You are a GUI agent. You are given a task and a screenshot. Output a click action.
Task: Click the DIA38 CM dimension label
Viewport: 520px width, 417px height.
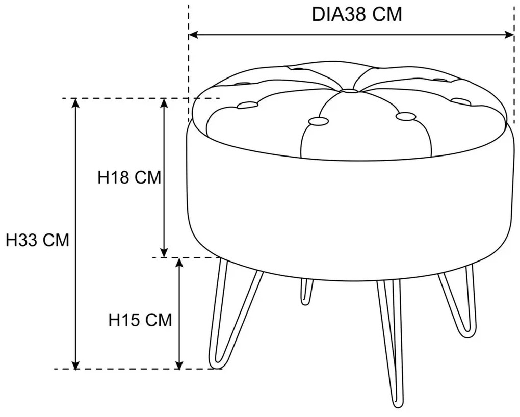coord(357,15)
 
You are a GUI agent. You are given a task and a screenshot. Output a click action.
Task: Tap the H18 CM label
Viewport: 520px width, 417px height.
coord(129,178)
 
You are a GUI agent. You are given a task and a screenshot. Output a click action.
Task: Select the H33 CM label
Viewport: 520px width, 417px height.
coord(38,240)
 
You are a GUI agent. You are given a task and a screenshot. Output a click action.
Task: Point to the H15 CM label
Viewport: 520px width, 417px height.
coord(140,320)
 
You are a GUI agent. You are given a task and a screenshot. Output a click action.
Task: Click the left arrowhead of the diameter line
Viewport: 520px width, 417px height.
coord(193,35)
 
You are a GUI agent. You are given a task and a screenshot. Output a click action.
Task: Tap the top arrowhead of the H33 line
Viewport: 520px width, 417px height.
coord(76,103)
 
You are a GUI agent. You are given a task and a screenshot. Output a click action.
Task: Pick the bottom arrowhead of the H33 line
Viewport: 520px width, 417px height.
coord(76,364)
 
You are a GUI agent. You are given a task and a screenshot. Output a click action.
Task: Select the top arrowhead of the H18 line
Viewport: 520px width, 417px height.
coord(164,103)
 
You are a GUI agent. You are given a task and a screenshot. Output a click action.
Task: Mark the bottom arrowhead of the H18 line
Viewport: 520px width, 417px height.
coord(164,252)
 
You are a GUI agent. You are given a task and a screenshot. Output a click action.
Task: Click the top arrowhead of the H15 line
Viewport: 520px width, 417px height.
coord(179,263)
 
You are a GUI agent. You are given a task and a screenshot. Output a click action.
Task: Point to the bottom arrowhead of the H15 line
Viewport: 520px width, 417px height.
coord(179,364)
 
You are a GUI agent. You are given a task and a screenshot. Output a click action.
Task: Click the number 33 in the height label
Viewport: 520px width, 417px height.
coord(28,240)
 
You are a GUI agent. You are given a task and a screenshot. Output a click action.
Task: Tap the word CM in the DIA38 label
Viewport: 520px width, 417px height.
coord(387,15)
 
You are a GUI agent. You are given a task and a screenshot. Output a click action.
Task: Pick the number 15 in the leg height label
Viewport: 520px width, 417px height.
coord(130,320)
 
